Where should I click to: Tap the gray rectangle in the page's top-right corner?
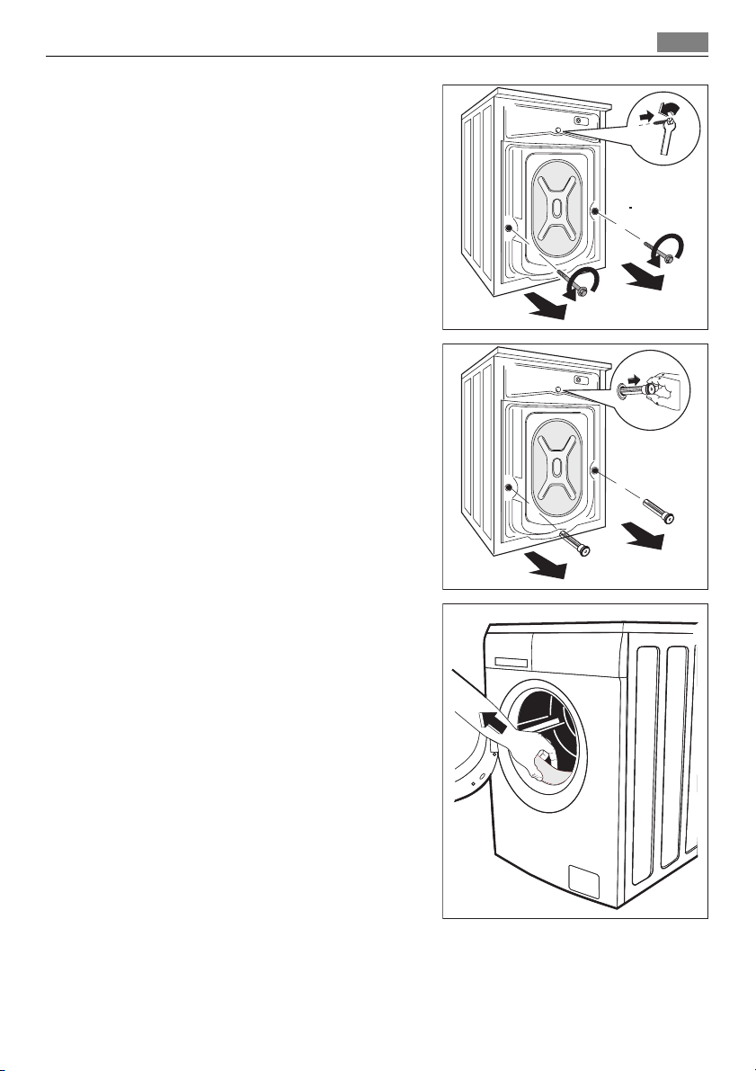681,42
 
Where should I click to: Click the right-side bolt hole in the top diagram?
595,210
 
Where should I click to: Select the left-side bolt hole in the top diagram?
510,228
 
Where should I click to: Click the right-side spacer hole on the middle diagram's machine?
595,469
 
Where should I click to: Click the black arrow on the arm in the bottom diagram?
485,717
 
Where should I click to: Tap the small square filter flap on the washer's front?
584,880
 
